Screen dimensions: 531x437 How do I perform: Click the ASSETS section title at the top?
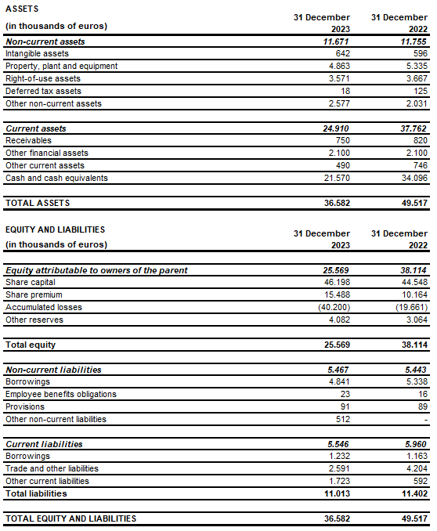click(23, 8)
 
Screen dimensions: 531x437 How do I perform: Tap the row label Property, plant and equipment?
click(61, 66)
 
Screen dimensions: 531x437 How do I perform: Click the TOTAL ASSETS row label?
click(38, 203)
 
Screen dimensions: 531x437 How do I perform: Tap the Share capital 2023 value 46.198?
click(333, 282)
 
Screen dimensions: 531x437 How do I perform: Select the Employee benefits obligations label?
click(61, 394)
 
